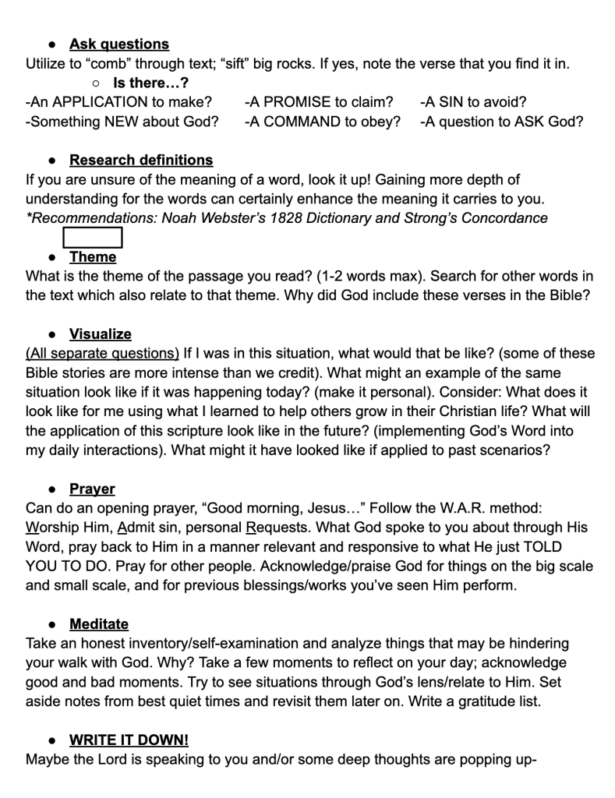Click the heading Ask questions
118,44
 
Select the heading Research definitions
140,160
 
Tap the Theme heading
93,256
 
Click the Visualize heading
101,334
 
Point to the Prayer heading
92,489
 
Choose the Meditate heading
99,624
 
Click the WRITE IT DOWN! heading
129,740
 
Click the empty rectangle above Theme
93,237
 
